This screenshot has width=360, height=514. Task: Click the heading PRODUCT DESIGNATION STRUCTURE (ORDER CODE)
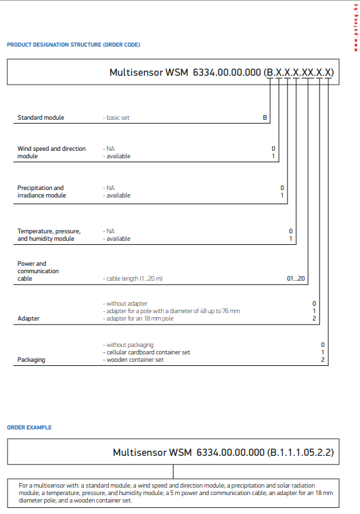click(74, 45)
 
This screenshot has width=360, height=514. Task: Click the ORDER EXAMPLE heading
click(29, 427)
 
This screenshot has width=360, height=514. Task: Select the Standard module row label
click(41, 118)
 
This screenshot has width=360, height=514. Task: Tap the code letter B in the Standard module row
click(265, 118)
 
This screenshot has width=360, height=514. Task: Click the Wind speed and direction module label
click(51, 152)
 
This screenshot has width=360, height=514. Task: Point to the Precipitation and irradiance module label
click(41, 191)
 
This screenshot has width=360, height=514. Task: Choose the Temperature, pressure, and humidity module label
click(49, 235)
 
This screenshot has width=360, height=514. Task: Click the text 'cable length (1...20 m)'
click(133, 279)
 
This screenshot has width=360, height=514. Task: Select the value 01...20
click(296, 279)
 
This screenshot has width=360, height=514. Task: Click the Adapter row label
click(28, 318)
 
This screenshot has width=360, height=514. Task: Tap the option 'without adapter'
click(125, 303)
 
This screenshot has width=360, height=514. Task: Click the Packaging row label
click(31, 360)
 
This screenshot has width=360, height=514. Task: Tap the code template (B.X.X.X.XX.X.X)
click(298, 72)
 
